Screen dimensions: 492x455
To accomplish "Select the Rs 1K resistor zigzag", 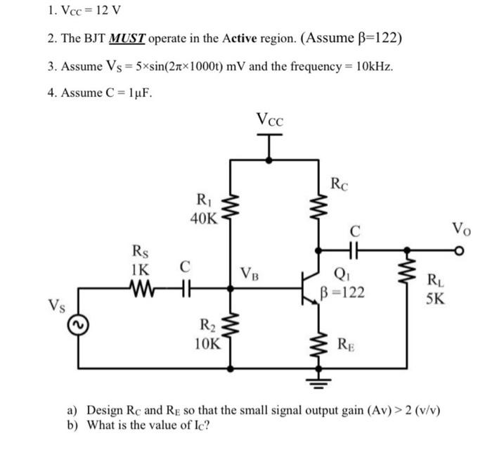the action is tap(141, 288).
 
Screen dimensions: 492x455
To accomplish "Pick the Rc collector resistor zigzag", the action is tap(319, 206).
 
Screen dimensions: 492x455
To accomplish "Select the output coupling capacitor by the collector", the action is tap(354, 250).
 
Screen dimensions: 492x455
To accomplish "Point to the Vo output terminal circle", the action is tap(460, 251).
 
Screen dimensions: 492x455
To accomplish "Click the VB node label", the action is tap(250, 274).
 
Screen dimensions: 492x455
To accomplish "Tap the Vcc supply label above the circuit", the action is tap(269, 120).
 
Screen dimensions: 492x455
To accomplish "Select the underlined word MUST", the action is tap(127, 39).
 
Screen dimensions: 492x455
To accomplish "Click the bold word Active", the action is tap(240, 38).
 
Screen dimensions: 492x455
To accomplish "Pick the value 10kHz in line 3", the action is tap(374, 66).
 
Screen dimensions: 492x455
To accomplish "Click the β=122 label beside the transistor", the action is tap(343, 293).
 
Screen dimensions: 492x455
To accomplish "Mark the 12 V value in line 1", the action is tap(108, 11).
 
